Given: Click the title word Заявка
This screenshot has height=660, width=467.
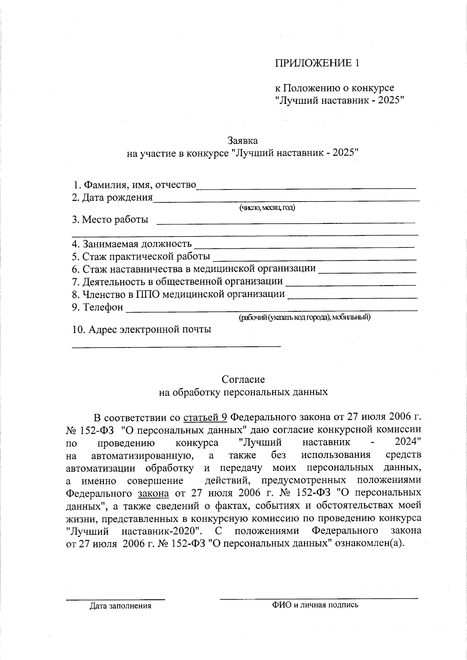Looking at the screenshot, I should click(242, 140).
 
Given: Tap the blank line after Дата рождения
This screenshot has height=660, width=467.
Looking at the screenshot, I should click(286, 200).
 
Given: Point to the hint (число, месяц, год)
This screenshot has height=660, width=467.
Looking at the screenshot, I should click(267, 208).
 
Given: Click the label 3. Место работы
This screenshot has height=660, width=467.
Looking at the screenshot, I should click(110, 219).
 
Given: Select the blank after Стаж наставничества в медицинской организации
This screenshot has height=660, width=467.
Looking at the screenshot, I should click(367, 272).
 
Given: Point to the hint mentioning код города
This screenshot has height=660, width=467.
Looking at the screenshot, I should click(304, 318).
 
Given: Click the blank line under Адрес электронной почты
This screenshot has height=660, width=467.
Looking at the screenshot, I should click(176, 345).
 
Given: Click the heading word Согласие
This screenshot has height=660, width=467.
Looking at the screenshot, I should click(243, 379).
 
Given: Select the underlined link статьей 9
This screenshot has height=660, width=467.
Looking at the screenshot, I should click(205, 418).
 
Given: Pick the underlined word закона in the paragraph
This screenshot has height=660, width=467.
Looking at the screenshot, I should click(153, 493).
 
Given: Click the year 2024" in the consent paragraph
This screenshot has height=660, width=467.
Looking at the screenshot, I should click(408, 442).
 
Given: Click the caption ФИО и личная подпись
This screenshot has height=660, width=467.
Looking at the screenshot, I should click(315, 605).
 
